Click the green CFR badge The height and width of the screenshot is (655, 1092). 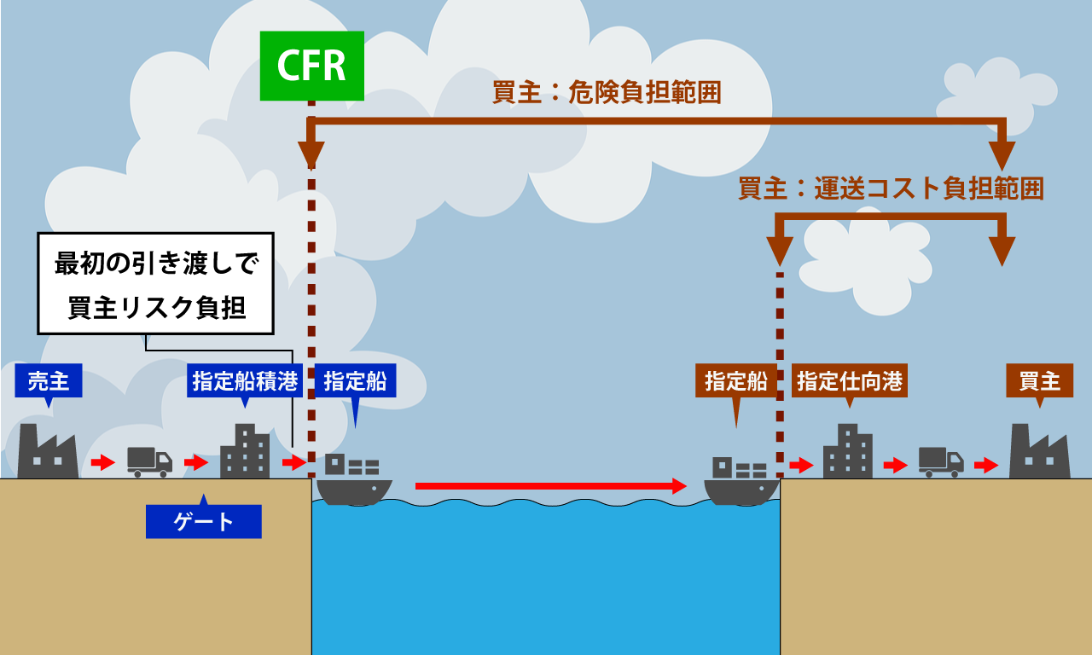coord(311,67)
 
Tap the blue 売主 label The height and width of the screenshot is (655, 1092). coord(49,380)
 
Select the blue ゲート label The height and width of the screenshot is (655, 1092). coord(203,521)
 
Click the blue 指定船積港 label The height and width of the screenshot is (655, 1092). coord(245,380)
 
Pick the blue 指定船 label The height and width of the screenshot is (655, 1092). coord(354,380)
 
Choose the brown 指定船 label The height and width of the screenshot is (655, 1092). coord(735,380)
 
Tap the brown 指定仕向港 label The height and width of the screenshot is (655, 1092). coord(849,380)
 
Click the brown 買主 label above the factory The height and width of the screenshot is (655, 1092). coord(1038,380)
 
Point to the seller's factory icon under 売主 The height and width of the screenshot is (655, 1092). coord(48,453)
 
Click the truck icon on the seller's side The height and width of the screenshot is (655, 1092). coord(149,461)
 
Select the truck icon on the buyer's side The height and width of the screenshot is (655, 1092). coord(941,461)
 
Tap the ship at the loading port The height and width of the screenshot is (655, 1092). coord(353,479)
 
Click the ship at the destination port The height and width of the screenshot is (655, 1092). coord(741,481)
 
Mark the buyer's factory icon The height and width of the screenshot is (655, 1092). coord(1039,453)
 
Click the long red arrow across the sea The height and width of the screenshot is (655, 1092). coord(550,486)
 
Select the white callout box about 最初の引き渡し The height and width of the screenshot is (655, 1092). coord(155,284)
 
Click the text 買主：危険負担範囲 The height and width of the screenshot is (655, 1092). coord(607,92)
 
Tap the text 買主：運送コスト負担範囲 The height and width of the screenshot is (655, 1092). coord(891,188)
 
